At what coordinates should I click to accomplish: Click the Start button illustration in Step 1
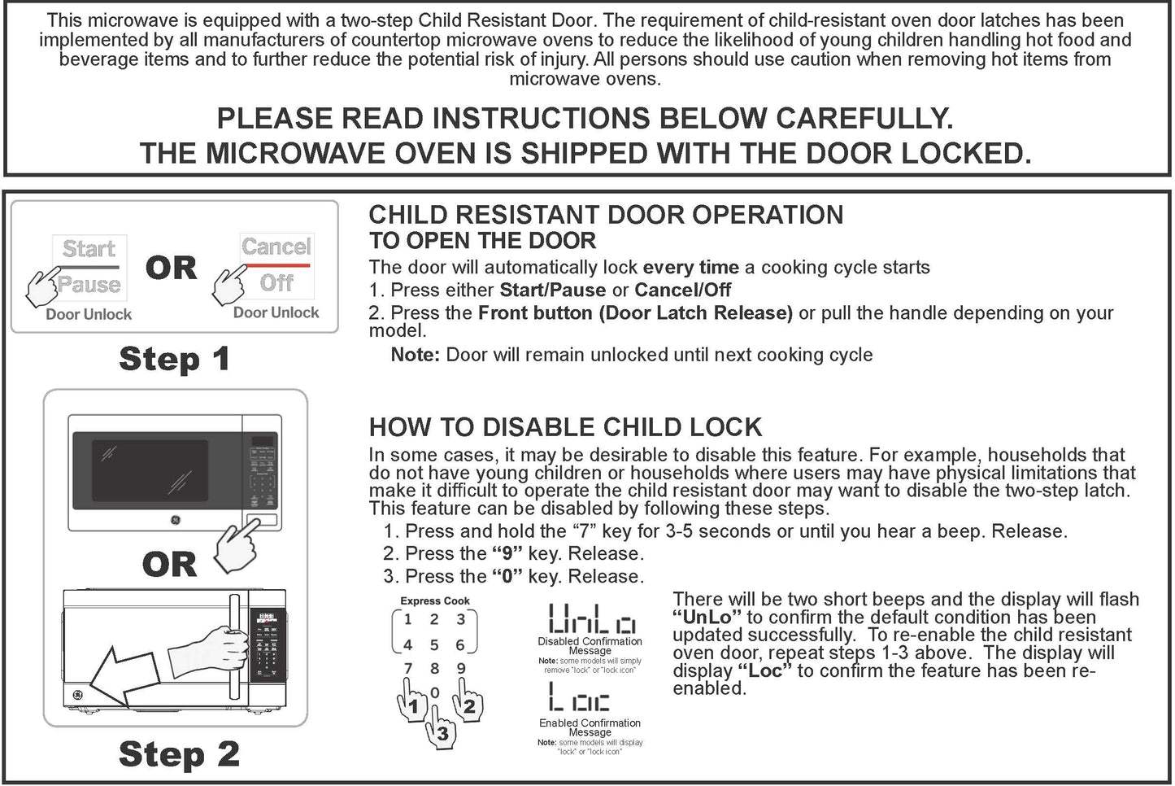click(x=89, y=249)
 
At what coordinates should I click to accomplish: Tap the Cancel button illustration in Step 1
click(x=276, y=247)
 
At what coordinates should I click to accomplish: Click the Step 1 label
click(x=174, y=359)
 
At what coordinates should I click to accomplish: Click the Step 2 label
click(x=179, y=754)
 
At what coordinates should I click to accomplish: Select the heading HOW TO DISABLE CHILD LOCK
click(x=565, y=427)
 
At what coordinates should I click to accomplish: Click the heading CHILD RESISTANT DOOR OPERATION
click(x=606, y=215)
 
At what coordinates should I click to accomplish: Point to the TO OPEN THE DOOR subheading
click(x=482, y=241)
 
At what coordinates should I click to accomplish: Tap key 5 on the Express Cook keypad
click(x=434, y=644)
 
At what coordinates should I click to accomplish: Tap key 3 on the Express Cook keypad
click(x=460, y=619)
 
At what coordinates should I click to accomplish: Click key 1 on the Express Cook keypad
click(x=408, y=619)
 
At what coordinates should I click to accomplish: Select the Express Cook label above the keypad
click(x=435, y=600)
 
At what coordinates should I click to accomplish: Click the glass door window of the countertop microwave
click(x=140, y=469)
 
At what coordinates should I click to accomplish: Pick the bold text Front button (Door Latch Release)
click(x=635, y=313)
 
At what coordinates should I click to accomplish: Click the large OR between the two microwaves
click(x=169, y=564)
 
